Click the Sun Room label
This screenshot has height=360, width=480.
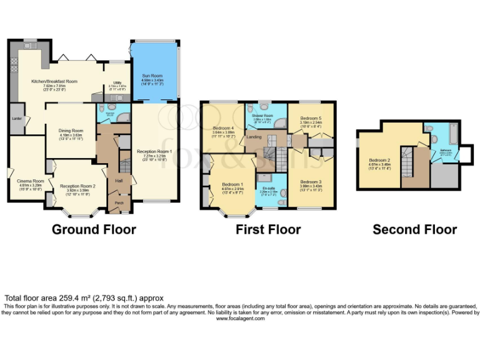click(x=152, y=76)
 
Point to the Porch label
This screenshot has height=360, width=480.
click(x=117, y=201)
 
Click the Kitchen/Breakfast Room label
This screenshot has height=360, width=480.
click(x=54, y=81)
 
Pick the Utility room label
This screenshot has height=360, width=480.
click(x=117, y=82)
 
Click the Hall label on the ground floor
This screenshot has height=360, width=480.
click(x=117, y=181)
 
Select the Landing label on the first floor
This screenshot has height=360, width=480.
click(x=254, y=137)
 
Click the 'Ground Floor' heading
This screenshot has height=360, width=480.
click(x=94, y=229)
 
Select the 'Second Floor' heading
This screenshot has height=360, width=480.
click(x=414, y=229)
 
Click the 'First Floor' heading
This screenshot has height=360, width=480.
click(x=268, y=229)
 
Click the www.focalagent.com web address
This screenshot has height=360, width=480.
click(x=241, y=318)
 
